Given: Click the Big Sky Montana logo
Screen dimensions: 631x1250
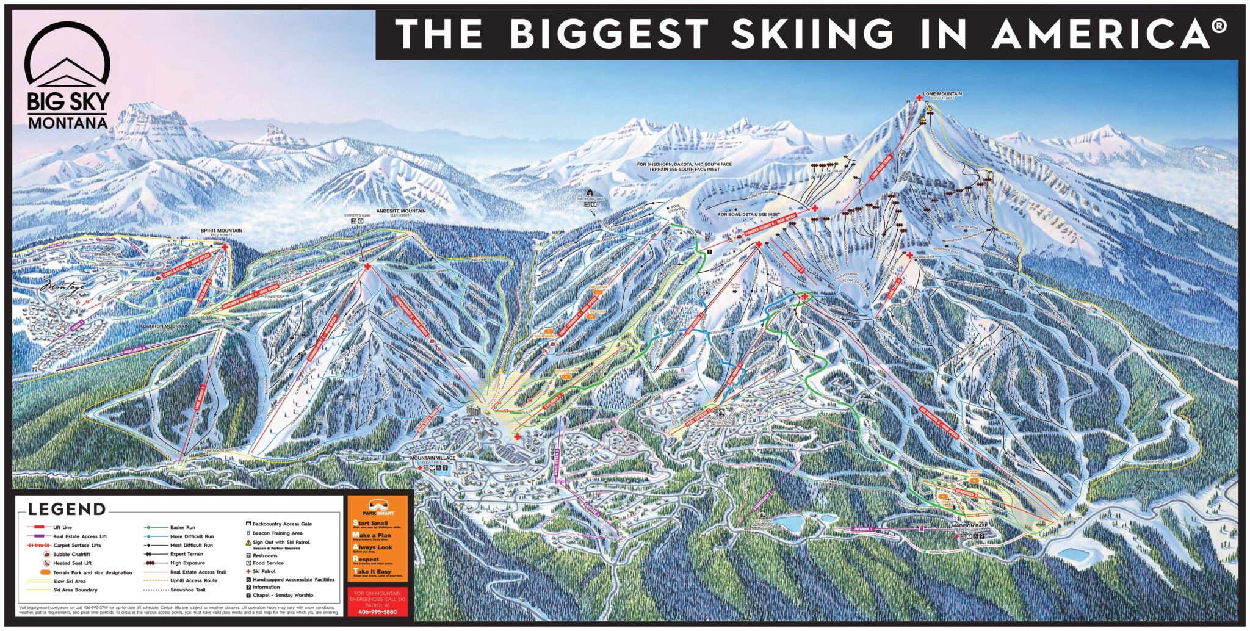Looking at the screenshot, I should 67,76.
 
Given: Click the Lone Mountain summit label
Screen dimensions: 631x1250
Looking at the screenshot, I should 942,94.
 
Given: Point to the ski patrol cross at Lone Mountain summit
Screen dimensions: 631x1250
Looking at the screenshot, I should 919,98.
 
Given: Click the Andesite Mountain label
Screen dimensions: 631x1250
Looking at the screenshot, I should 400,211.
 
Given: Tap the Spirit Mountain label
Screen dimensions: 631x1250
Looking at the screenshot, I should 222,231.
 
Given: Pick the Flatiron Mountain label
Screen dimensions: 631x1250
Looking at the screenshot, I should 164,326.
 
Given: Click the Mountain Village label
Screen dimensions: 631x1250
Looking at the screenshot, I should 433,458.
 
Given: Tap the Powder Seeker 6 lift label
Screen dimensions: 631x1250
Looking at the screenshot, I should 770,226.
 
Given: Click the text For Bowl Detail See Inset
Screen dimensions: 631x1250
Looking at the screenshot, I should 748,215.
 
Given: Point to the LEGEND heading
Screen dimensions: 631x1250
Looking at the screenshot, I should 67,509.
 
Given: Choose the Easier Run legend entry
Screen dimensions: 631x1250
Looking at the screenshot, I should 182,527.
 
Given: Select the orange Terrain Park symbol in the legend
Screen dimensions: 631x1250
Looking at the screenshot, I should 45,572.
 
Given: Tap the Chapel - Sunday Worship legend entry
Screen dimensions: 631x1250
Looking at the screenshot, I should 283,595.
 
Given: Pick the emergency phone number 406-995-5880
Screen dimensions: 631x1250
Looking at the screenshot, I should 377,612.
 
